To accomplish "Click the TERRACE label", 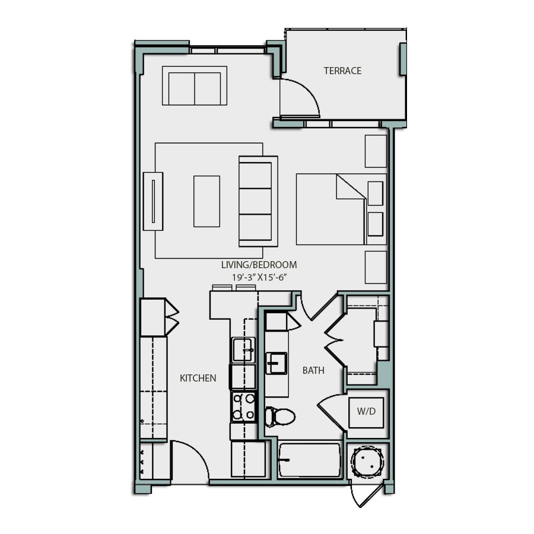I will point(342,71).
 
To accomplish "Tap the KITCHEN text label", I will point(198,378).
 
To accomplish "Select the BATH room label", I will point(313,371).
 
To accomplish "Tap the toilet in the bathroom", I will point(279,417).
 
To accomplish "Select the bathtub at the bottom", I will point(310,460).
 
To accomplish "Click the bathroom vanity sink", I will point(276,363).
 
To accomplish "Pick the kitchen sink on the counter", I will point(243,349).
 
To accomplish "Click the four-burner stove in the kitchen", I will point(243,406).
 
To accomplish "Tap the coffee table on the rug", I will point(206,201).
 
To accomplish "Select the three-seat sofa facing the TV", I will point(258,201).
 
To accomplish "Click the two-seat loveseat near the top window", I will point(195,86).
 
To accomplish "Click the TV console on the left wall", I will point(152,201).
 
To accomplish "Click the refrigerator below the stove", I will point(248,459).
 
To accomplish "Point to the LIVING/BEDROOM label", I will point(259,265).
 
